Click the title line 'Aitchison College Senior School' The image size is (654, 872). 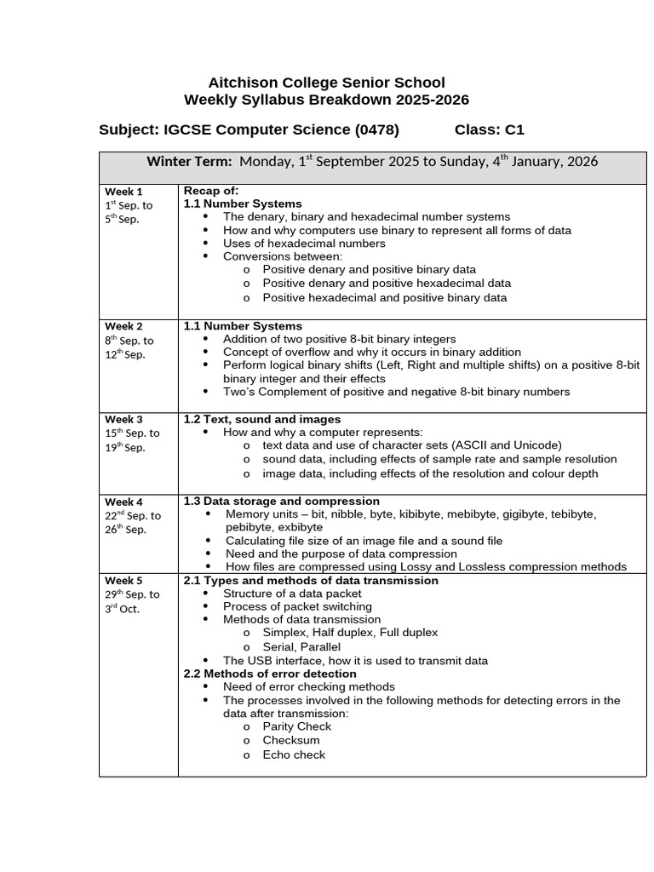(326, 83)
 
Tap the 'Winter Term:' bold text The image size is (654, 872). (189, 162)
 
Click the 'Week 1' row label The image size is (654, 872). (123, 192)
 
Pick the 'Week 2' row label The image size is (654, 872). (123, 326)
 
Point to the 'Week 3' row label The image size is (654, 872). (123, 419)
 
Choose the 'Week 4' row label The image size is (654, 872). (123, 502)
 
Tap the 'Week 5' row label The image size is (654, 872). (123, 581)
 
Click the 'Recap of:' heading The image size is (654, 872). (211, 190)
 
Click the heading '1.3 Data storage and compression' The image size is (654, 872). (282, 501)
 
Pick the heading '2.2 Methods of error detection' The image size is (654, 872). (270, 673)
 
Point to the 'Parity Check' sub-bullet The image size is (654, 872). (296, 726)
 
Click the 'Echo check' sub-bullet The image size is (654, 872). (294, 754)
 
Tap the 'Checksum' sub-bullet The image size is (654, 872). (291, 740)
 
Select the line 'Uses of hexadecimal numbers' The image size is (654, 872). (304, 243)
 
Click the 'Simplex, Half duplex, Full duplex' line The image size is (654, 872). (350, 632)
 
